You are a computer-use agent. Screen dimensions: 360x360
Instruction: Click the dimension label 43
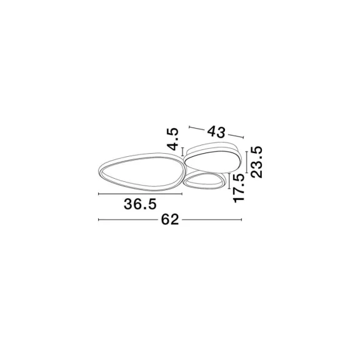click(216, 132)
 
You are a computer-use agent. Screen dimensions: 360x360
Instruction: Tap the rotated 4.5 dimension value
click(172, 139)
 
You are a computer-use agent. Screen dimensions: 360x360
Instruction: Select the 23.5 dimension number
click(256, 162)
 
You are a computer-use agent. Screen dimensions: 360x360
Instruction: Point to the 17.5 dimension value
click(239, 188)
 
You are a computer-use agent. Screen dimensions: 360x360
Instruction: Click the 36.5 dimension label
click(140, 204)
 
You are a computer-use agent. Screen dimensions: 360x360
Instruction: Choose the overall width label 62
click(170, 220)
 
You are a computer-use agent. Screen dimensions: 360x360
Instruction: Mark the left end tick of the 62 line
click(99, 220)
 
